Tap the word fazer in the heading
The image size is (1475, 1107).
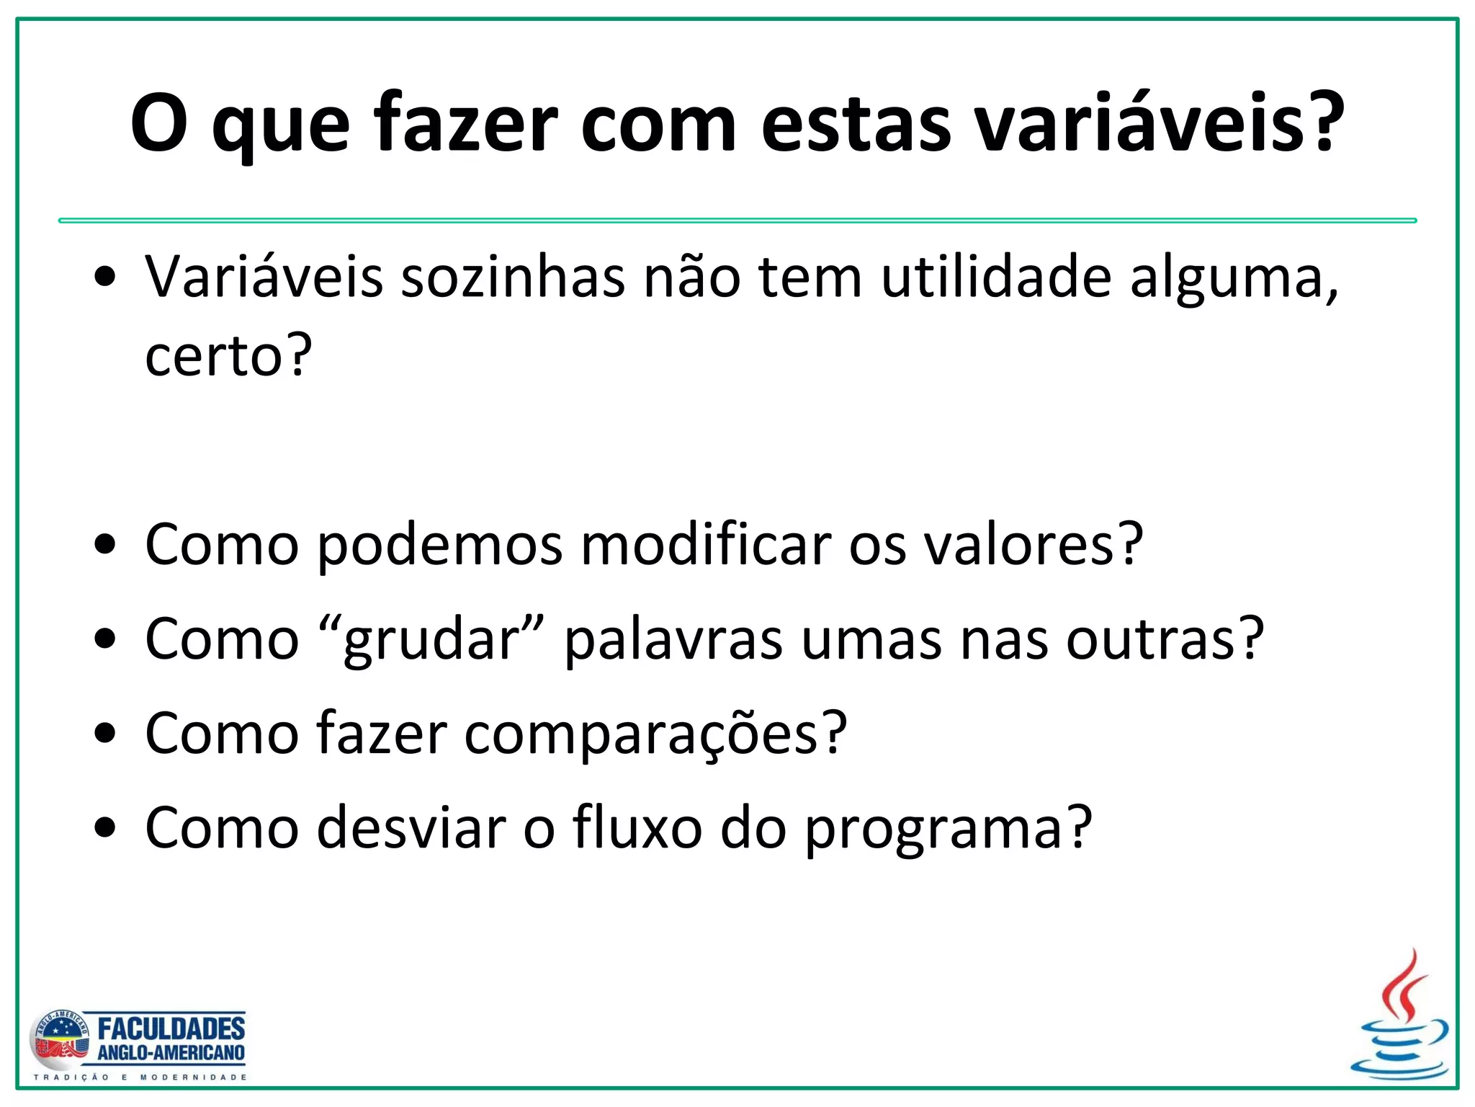tap(465, 123)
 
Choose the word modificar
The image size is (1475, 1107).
tap(707, 544)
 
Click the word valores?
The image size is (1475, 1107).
tap(1034, 544)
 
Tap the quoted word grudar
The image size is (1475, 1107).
tap(431, 639)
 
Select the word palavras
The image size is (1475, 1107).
tap(673, 639)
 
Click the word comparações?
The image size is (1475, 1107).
tap(655, 734)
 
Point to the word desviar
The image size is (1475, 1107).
tap(411, 828)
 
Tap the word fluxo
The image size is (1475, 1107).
tap(637, 828)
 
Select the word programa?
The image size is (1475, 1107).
tap(948, 828)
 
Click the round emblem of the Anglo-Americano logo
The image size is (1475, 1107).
tap(60, 1041)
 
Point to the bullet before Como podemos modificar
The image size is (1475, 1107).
tap(105, 546)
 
